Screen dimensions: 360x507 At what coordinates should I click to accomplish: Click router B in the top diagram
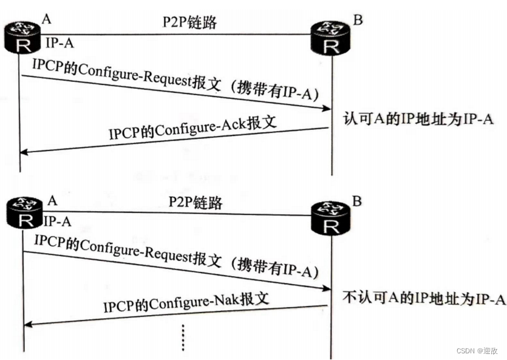331,38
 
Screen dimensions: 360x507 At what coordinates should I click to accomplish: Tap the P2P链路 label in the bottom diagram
196,202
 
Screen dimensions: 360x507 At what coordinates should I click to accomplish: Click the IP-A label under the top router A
61,44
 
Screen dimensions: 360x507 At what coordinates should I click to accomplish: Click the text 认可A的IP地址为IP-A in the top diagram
418,119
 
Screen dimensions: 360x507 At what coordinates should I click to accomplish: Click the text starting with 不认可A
424,299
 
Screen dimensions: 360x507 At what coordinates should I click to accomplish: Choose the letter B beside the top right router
358,20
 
